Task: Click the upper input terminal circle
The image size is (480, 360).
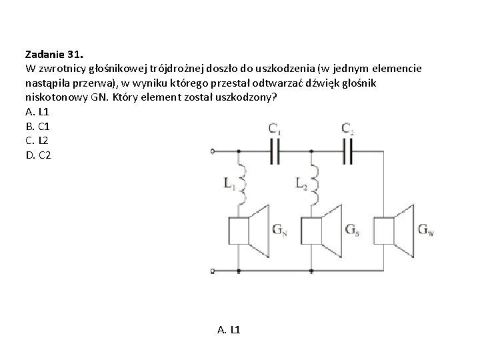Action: pyautogui.click(x=212, y=152)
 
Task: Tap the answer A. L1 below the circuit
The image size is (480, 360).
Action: pyautogui.click(x=229, y=329)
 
